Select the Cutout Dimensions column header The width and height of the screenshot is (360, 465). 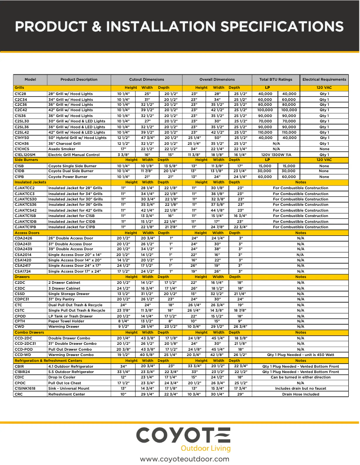[x=146, y=79]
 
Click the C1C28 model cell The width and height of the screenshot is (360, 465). [x=21, y=93]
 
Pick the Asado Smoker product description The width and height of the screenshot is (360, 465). [x=61, y=149]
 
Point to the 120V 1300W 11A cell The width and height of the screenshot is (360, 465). [x=276, y=155]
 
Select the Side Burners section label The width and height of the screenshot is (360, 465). [x=26, y=160]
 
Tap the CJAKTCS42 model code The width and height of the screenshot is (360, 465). [x=26, y=210]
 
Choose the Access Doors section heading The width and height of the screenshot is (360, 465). [x=27, y=233]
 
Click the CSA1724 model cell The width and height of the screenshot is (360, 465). [x=22, y=271]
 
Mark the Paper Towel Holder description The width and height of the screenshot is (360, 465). [x=66, y=321]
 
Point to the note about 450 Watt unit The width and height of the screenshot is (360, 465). [x=300, y=355]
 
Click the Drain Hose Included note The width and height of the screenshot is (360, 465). [x=300, y=394]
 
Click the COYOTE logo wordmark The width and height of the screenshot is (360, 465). [x=183, y=435]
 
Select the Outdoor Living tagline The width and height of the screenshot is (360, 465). [x=205, y=448]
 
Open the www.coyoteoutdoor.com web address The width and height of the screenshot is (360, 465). [x=184, y=459]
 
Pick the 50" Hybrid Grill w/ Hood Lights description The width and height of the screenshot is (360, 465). [x=77, y=138]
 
